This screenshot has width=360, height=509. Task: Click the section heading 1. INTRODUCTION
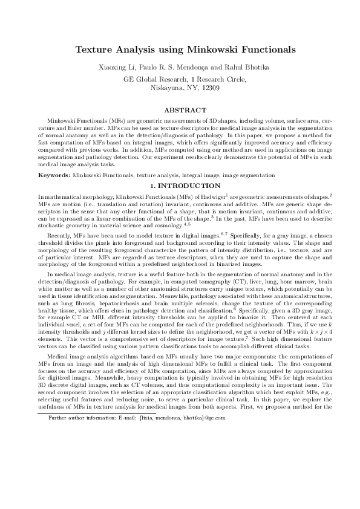click(180, 185)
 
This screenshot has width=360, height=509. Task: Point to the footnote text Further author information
click(81, 469)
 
